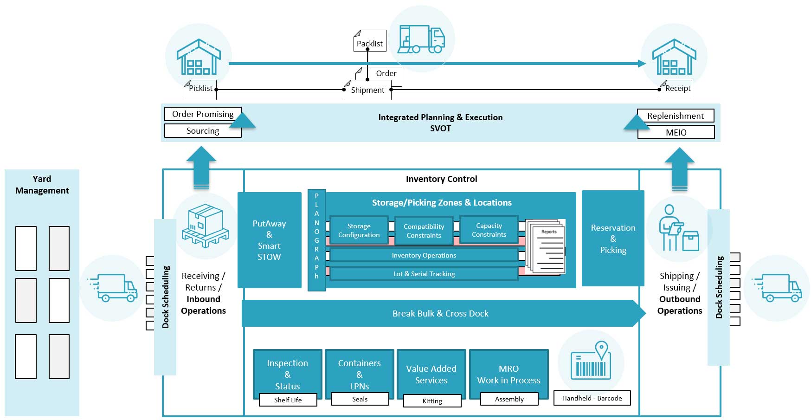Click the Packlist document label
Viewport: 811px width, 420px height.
tap(370, 43)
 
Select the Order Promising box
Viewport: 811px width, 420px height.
tap(203, 114)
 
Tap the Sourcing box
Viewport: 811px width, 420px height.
tap(203, 131)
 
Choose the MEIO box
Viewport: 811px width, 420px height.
tap(676, 132)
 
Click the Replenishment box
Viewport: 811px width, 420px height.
tap(676, 116)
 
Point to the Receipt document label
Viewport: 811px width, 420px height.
tap(677, 89)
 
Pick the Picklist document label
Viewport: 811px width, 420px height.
tap(200, 89)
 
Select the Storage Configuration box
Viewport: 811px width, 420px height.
tap(359, 230)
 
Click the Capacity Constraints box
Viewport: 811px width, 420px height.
tap(489, 230)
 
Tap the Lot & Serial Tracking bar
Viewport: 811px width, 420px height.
tap(424, 274)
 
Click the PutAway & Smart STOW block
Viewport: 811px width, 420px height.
tap(269, 240)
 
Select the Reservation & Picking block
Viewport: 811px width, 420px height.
tap(613, 239)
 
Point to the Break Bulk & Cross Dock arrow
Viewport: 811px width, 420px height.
tap(441, 313)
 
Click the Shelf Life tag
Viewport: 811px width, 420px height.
tap(288, 400)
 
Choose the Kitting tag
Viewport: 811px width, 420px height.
tap(432, 401)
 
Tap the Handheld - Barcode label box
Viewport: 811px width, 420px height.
tap(592, 398)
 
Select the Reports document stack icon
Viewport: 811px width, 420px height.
tap(548, 248)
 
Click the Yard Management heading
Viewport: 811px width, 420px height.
tap(42, 185)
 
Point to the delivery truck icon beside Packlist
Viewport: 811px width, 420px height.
tap(421, 39)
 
